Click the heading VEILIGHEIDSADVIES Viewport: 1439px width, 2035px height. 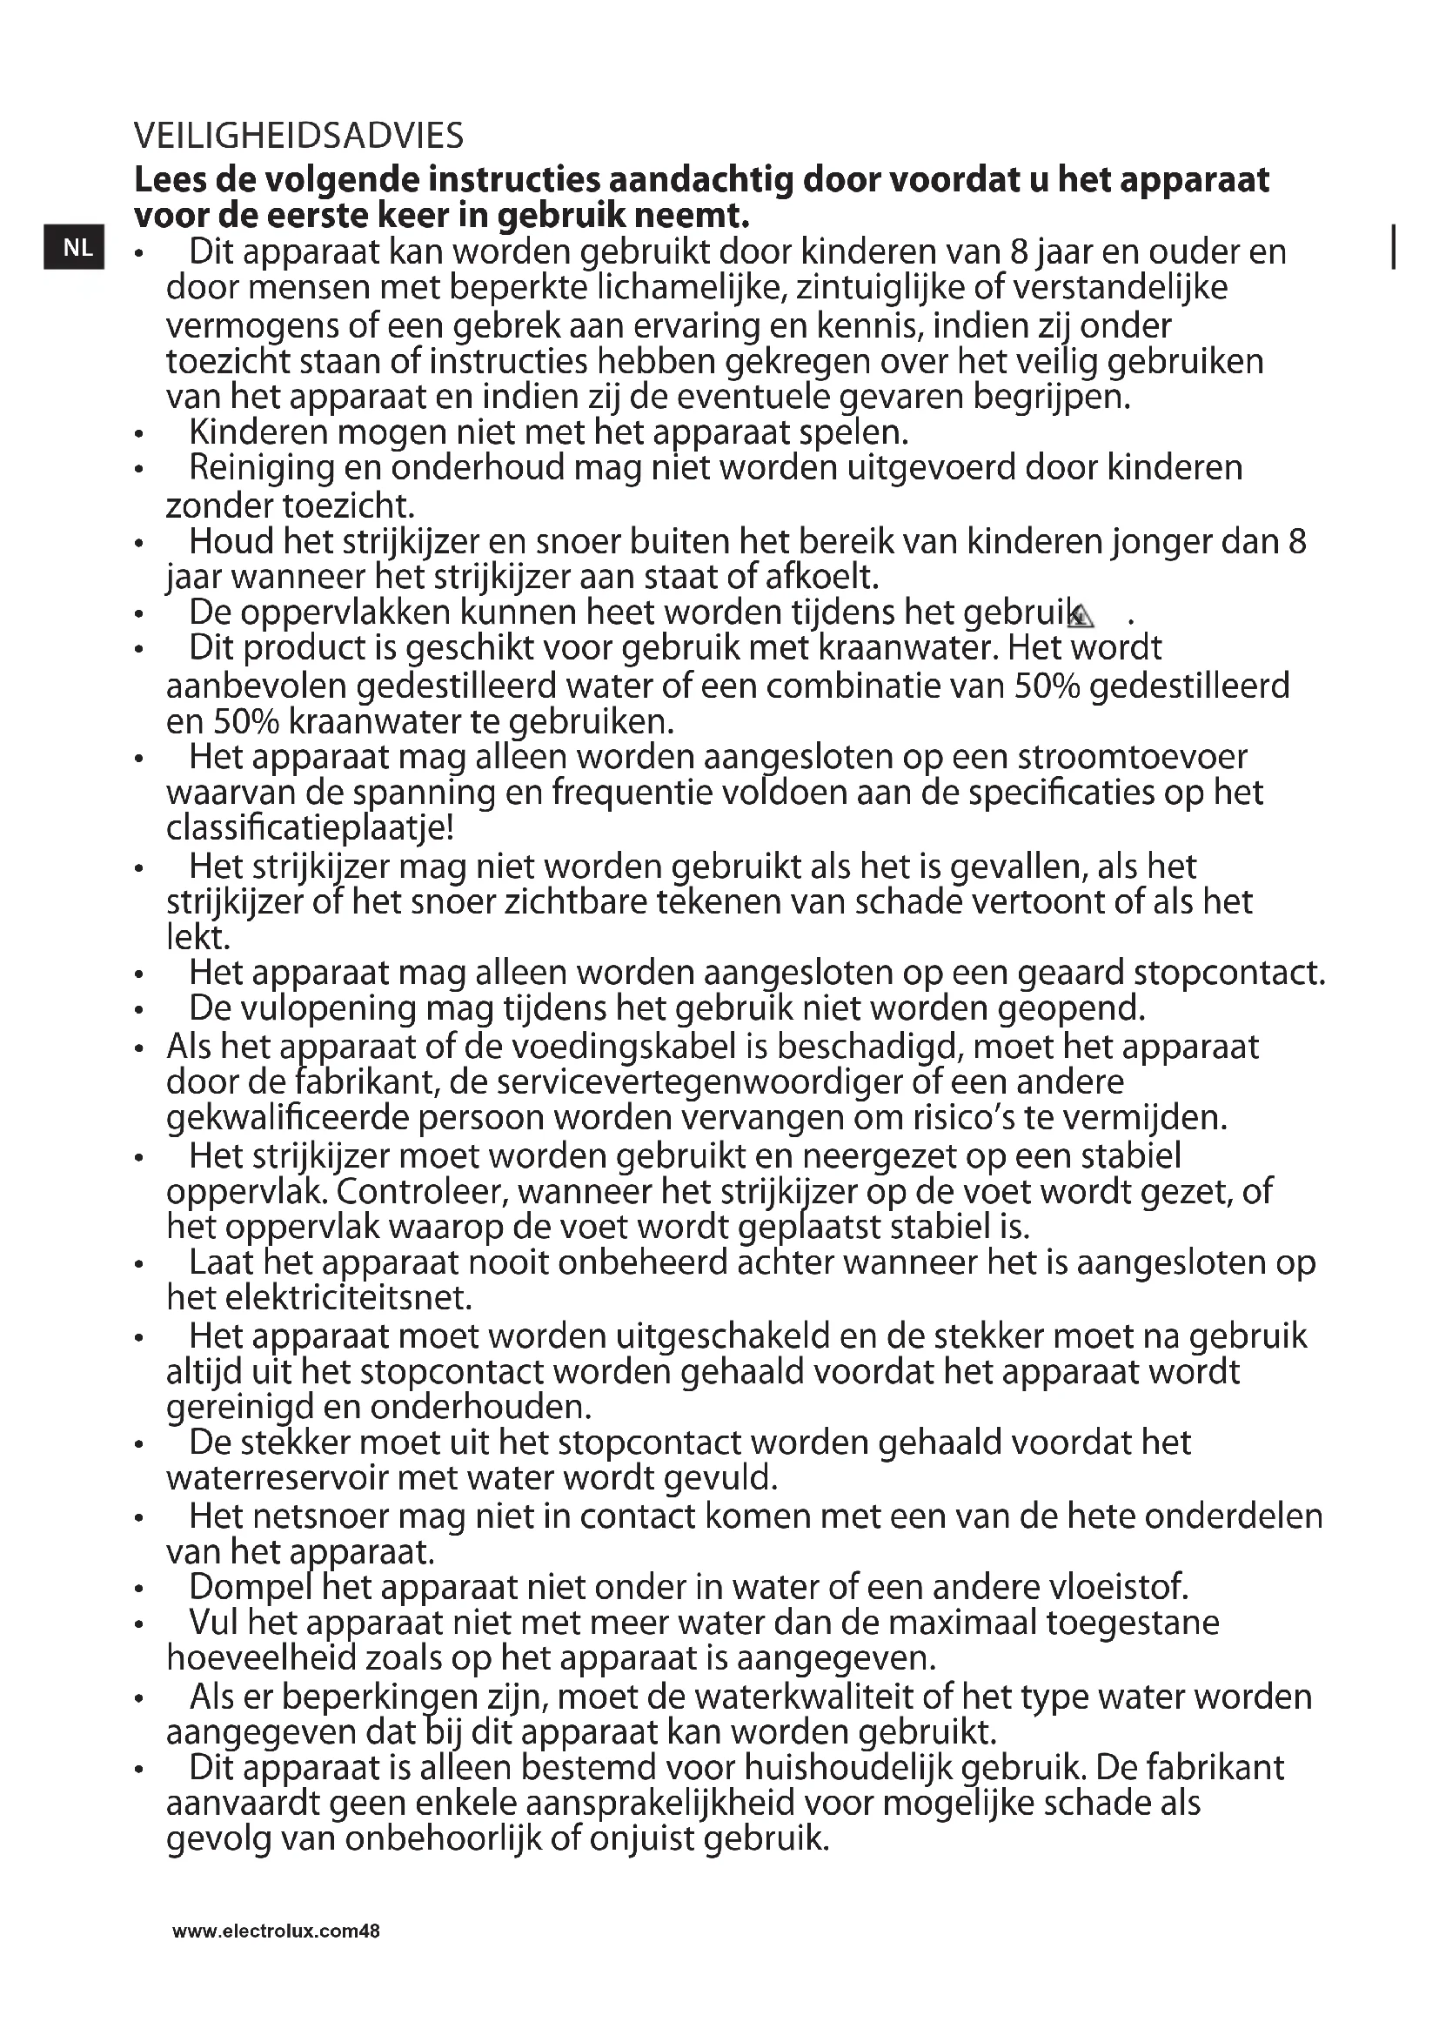(298, 136)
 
